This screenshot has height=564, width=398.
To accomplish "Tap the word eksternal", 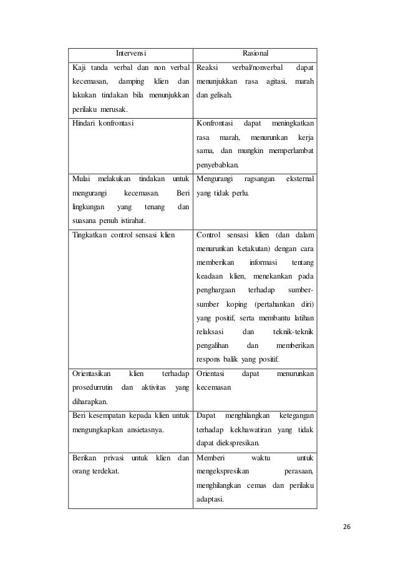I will point(299,179).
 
